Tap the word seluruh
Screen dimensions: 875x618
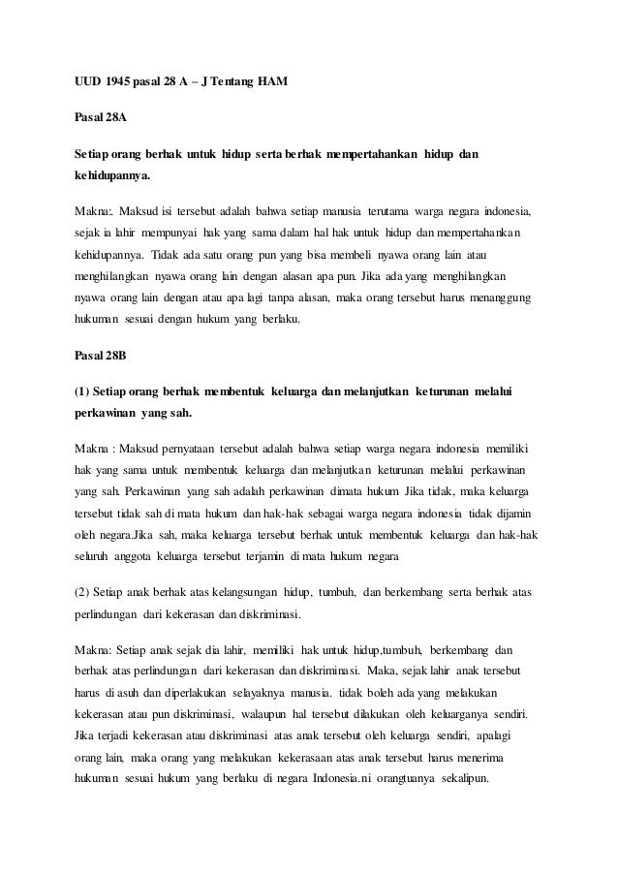(x=96, y=556)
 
